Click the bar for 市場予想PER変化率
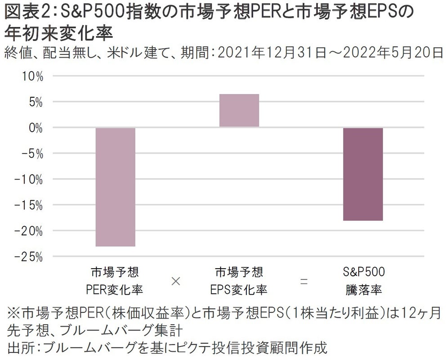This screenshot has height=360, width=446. pyautogui.click(x=115, y=187)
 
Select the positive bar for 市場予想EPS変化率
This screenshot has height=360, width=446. pyautogui.click(x=239, y=110)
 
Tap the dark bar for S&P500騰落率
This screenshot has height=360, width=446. pyautogui.click(x=363, y=174)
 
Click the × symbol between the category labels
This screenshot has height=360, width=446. pyautogui.click(x=176, y=281)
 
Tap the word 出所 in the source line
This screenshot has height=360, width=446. pyautogui.click(x=18, y=347)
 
